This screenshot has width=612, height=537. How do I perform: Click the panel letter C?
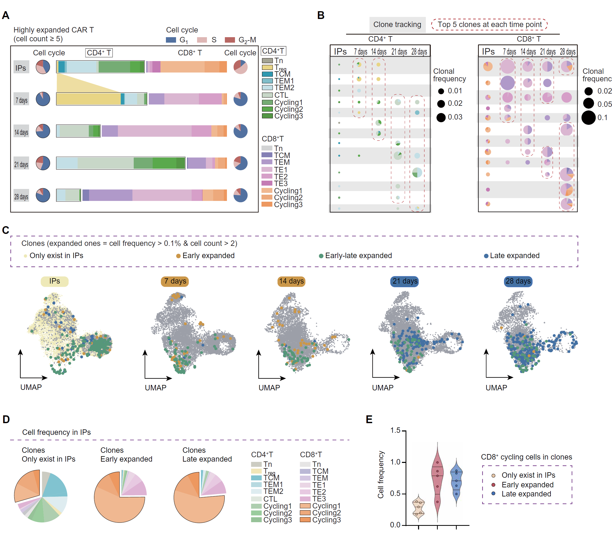(x=6, y=230)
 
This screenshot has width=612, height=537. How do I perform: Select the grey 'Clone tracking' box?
(x=397, y=25)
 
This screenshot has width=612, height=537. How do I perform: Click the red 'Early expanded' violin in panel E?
(x=438, y=482)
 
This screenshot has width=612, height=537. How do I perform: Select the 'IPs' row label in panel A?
(x=21, y=68)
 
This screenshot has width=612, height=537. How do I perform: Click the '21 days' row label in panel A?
(x=21, y=164)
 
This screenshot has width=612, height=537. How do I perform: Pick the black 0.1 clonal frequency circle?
(x=588, y=117)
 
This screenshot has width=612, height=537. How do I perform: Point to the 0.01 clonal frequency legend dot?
(x=441, y=91)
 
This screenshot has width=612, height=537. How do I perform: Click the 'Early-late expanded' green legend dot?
(x=321, y=256)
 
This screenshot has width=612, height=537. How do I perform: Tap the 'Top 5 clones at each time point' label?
(x=489, y=25)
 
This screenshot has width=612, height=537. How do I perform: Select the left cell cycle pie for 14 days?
(x=43, y=131)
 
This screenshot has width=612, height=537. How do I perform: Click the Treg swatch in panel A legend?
(x=267, y=67)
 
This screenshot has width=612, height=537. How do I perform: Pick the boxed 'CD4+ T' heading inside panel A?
(x=99, y=53)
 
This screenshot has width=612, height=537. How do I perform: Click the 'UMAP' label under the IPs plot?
(x=31, y=387)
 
